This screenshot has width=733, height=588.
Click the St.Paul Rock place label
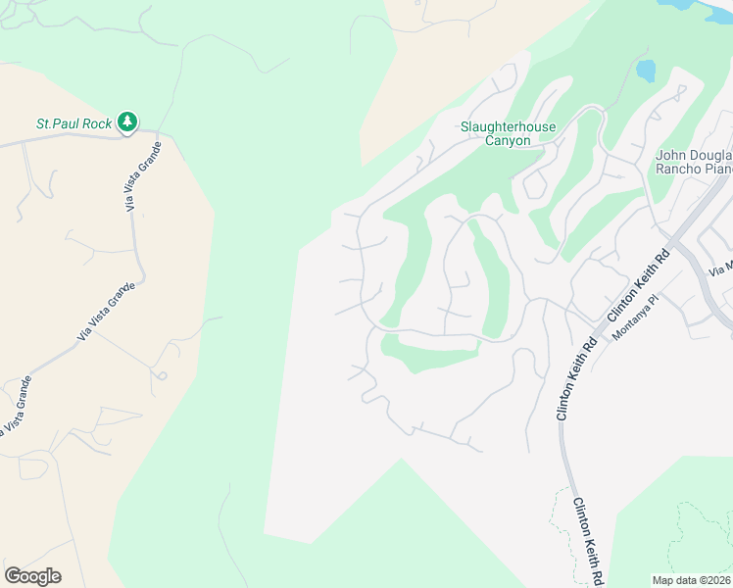[73, 124]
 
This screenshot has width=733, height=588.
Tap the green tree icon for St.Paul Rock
[126, 122]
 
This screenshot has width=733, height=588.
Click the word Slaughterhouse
[508, 127]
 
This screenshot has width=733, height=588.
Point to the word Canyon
[508, 141]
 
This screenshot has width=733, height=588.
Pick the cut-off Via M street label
[721, 267]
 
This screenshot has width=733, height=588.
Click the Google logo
[32, 576]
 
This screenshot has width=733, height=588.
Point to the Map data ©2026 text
[690, 580]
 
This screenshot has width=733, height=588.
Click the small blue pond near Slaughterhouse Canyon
[645, 71]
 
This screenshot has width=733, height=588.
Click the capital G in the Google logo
[12, 576]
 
